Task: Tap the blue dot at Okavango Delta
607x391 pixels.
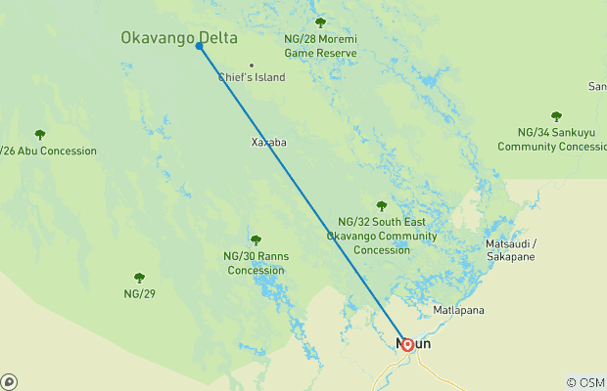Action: [x=200, y=46]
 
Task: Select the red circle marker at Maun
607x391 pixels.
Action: [x=407, y=344]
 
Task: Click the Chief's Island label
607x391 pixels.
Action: [x=252, y=77]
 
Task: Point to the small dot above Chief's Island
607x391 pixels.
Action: [x=252, y=65]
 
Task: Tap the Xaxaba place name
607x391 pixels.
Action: [x=268, y=142]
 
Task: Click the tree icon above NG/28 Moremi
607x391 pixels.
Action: [x=320, y=22]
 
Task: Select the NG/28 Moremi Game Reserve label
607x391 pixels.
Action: [x=320, y=45]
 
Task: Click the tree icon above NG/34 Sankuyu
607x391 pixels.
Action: [x=556, y=116]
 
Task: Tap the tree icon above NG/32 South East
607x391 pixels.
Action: [x=382, y=206]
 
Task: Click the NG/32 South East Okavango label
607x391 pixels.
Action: [x=382, y=236]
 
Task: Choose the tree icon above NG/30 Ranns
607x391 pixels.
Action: [x=256, y=240]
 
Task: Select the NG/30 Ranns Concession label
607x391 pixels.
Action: [x=256, y=263]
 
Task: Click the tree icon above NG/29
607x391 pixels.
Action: [x=139, y=278]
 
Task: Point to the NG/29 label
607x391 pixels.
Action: [x=139, y=293]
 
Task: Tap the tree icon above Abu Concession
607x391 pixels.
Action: [x=40, y=135]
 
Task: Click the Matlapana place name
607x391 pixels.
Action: [x=459, y=311]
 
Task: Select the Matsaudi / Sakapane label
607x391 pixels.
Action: [x=512, y=249]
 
